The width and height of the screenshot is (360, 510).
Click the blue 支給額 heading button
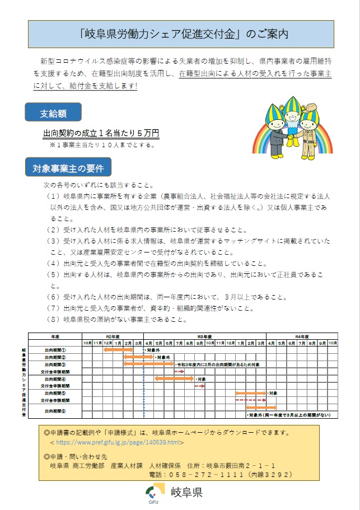(53, 113)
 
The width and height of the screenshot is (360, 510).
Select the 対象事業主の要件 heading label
(68, 167)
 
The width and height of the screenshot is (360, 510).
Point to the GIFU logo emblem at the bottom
(152, 493)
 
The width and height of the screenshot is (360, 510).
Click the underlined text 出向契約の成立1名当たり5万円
(101, 134)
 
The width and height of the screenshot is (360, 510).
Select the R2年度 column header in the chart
(113, 336)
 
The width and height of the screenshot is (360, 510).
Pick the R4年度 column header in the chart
(302, 336)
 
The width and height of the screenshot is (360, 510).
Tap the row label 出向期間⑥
(56, 411)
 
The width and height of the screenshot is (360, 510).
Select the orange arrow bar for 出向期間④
(174, 379)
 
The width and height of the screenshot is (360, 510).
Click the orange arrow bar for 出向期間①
(118, 350)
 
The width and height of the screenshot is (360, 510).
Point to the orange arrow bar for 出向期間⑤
(250, 394)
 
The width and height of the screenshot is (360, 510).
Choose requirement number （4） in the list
(53, 263)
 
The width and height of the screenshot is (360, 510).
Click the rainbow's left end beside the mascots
(258, 146)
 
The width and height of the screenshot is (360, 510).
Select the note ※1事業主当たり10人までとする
(102, 144)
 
